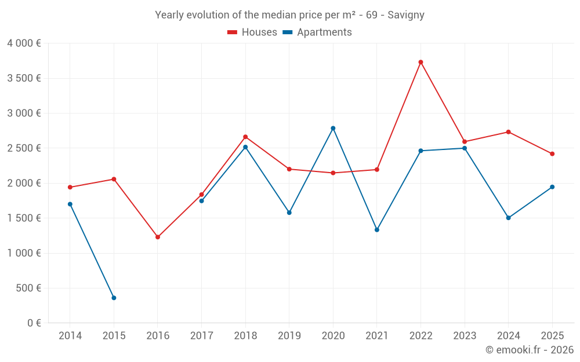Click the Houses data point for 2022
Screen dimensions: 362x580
(420, 62)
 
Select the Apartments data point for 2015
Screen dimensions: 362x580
(114, 298)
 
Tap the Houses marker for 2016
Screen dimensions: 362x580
(158, 237)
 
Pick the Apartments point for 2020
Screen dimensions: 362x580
(333, 128)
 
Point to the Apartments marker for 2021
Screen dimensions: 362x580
(377, 230)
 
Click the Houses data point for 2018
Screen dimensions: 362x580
(245, 137)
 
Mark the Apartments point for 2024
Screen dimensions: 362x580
(508, 218)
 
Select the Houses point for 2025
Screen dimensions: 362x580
(552, 154)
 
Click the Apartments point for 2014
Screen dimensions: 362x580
(70, 204)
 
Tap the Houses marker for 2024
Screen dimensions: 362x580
(508, 132)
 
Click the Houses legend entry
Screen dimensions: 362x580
(252, 32)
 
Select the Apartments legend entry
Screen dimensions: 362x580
(317, 32)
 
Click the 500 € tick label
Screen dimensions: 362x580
(29, 288)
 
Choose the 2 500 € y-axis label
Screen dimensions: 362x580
(24, 148)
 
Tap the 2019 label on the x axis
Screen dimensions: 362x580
(289, 336)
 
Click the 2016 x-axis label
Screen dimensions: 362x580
(158, 336)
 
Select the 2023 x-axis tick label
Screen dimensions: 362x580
(465, 336)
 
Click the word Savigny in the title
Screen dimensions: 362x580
(406, 15)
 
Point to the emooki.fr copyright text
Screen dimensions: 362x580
(530, 350)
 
